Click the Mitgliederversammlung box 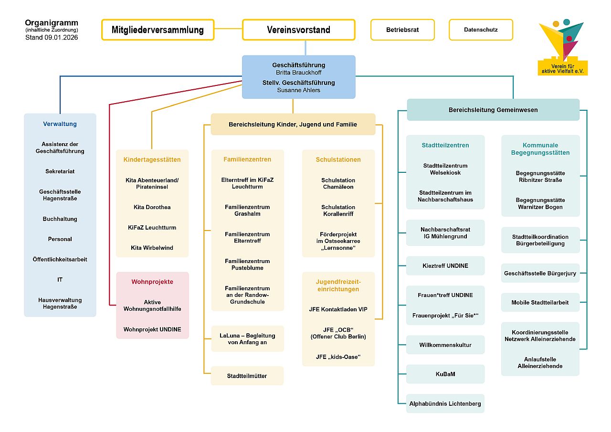coord(158,30)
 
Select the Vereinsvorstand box coord(298,30)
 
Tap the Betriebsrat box coord(402,30)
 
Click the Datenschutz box coord(481,30)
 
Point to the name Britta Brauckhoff coord(299,73)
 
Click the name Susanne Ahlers coord(299,90)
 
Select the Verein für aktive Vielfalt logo coord(563,48)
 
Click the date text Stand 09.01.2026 coord(52,37)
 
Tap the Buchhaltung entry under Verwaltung coord(60,219)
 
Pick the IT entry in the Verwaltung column coord(60,280)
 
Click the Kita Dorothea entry coord(152,207)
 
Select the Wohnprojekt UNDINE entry coord(152,329)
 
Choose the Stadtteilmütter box coord(247,376)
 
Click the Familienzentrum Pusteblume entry coord(247,264)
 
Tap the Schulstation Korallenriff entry coord(338,211)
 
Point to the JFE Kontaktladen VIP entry coord(338,309)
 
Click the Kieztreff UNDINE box coord(445,266)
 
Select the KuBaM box coord(445,374)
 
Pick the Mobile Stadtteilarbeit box coord(540,303)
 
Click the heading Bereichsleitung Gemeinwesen coord(493,110)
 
